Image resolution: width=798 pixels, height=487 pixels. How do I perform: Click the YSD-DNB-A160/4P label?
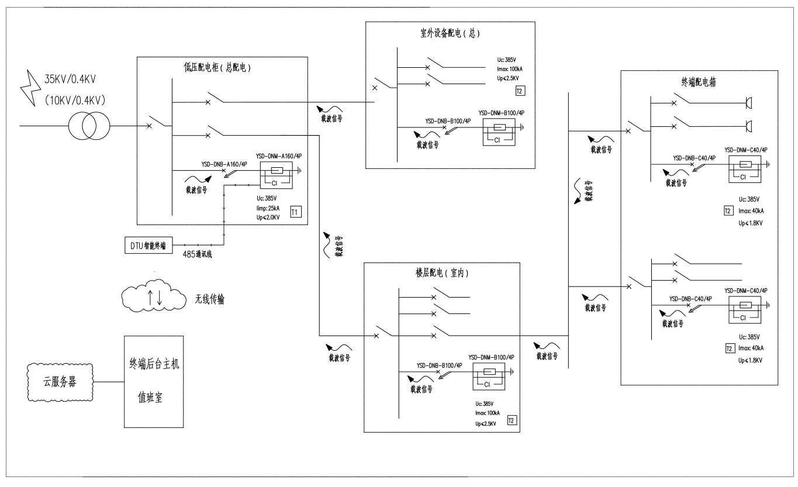click(x=224, y=164)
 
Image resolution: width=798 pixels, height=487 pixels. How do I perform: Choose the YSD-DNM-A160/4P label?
click(x=279, y=157)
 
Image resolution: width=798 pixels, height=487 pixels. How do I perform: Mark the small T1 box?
click(x=296, y=212)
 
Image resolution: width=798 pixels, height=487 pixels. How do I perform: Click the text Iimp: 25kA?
click(x=267, y=208)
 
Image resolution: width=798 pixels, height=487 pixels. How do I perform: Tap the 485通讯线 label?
click(x=198, y=255)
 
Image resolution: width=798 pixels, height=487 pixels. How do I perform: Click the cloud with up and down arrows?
click(x=154, y=297)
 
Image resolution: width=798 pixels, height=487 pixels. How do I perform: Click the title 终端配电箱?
click(x=699, y=82)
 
